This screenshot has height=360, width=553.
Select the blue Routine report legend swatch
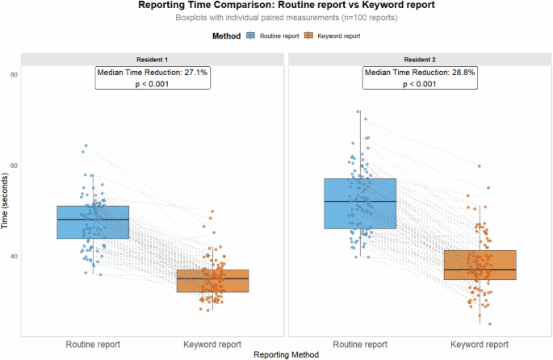pyautogui.click(x=251, y=36)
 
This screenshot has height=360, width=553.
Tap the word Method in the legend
pyautogui.click(x=225, y=36)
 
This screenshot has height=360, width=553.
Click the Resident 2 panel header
pyautogui.click(x=419, y=59)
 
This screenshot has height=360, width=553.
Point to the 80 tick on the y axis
pyautogui.click(x=14, y=74)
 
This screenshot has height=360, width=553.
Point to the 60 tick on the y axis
pyautogui.click(x=14, y=165)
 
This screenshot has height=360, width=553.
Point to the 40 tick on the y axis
pyautogui.click(x=14, y=257)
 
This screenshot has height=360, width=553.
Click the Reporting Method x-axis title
pyautogui.click(x=286, y=354)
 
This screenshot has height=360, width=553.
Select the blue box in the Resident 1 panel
pyautogui.click(x=93, y=222)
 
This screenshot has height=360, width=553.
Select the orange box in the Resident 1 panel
pyautogui.click(x=213, y=280)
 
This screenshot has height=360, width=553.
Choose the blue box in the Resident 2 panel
pyautogui.click(x=359, y=203)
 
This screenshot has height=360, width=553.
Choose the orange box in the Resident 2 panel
pyautogui.click(x=480, y=265)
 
